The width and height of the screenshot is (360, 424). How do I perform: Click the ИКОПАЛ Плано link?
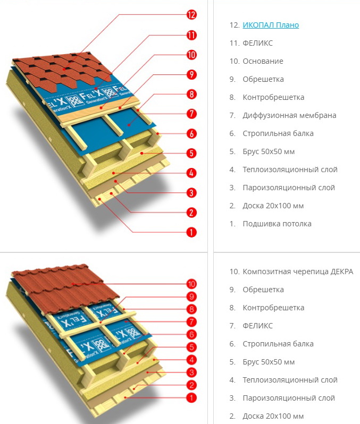point(271,25)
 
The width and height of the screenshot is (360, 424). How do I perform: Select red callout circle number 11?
point(191,35)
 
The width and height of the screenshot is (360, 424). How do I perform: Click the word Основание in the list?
point(263,61)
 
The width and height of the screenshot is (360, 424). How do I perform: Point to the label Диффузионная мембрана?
point(289,115)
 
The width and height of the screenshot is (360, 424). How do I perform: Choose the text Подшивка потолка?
point(277,224)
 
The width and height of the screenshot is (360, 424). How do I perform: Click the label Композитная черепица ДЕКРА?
point(298,272)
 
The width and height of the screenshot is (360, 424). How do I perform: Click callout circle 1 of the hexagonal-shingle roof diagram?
point(191,232)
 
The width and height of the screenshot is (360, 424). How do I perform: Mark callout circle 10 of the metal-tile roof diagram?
point(191,284)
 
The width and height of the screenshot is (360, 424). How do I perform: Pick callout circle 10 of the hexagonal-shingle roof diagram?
point(191,55)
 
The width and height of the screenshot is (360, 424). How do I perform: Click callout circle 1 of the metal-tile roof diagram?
point(191,397)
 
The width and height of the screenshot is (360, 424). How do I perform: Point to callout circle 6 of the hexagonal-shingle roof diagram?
point(191,133)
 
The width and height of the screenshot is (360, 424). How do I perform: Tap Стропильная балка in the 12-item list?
point(278,133)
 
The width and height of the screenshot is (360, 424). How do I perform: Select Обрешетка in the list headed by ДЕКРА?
point(263,290)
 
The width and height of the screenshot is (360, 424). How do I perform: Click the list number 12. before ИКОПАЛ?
point(235,25)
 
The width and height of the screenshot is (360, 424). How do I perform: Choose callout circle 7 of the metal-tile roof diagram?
point(191,321)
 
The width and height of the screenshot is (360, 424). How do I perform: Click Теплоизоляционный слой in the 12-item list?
point(290,169)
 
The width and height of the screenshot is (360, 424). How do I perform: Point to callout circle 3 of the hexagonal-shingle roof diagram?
point(191,193)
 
